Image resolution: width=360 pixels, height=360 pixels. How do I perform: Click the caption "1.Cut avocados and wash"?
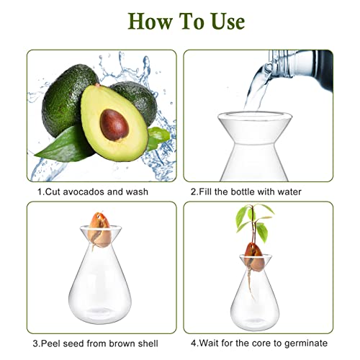(93, 192)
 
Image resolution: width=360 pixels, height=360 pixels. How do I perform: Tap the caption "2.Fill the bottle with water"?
(246, 192)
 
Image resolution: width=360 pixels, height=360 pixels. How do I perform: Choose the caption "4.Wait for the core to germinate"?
(258, 343)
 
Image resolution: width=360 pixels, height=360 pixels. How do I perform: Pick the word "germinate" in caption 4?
(306, 343)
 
